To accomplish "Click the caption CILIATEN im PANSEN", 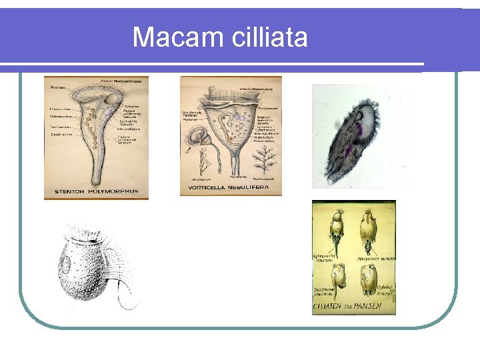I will coord(353,309).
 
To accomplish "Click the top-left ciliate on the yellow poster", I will coord(335,230).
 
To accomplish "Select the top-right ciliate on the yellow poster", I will coord(370,230).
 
